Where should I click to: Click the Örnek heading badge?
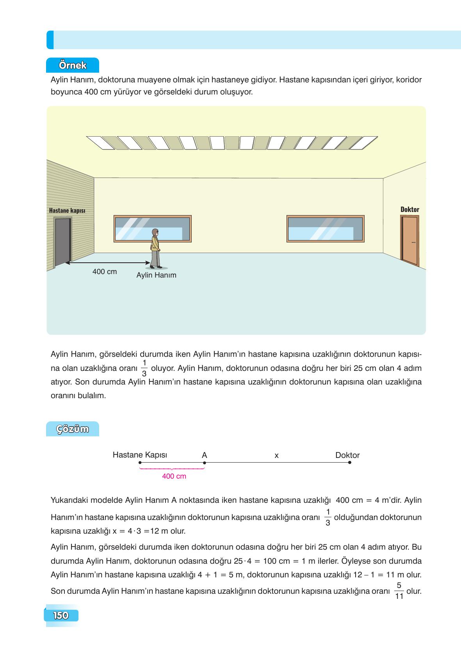point(72,65)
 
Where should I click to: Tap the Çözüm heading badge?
point(73,429)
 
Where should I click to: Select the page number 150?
point(61,616)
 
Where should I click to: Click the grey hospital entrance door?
point(62,242)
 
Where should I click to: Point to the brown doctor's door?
point(409,240)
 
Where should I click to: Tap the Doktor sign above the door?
point(409,210)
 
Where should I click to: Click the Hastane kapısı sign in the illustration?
point(67,211)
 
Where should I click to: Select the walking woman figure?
point(156,249)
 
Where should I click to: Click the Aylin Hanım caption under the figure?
point(156,275)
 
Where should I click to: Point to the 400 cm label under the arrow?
point(105,272)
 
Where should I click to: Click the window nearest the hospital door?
point(152,228)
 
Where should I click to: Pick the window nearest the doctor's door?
point(325,228)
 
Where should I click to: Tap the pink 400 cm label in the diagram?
point(174,476)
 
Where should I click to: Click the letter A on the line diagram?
point(204,455)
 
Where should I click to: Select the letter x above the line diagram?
point(276,456)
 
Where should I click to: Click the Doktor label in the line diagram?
point(347,455)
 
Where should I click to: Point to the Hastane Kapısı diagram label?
point(140,455)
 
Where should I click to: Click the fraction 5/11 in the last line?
point(399,591)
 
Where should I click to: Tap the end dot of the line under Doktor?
point(349,463)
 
